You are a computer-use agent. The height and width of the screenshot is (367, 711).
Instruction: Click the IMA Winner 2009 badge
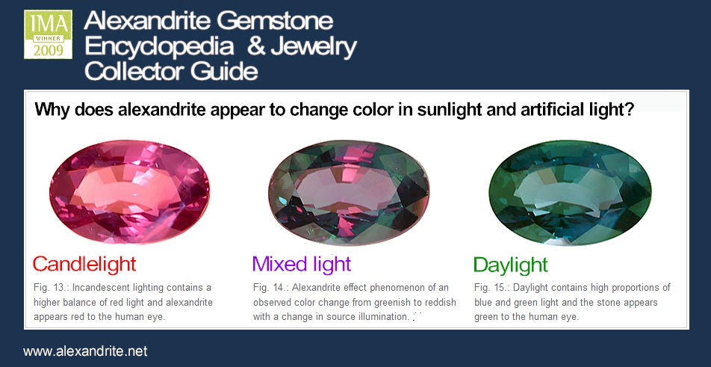(x=48, y=34)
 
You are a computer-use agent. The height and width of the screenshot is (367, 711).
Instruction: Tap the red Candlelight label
(x=84, y=264)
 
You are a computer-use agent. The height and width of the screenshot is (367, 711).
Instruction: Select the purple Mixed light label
(x=302, y=264)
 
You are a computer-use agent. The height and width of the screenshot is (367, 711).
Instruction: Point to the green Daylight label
(x=511, y=265)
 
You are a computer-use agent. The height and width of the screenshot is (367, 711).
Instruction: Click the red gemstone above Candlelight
(x=129, y=191)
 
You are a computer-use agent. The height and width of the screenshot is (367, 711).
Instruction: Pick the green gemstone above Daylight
(x=570, y=192)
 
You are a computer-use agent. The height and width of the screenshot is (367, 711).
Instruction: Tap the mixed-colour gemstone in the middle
(x=349, y=192)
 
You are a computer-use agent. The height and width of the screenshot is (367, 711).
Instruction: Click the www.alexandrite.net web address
(x=85, y=351)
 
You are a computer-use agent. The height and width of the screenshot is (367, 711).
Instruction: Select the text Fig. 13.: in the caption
(x=52, y=287)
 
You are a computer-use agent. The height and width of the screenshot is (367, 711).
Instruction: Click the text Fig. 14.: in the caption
(x=271, y=287)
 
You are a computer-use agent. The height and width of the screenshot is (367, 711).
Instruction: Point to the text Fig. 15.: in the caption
(x=492, y=287)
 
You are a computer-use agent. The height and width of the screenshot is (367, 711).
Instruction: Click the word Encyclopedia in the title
(x=159, y=47)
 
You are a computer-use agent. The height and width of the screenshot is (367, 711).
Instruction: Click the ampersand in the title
(x=256, y=46)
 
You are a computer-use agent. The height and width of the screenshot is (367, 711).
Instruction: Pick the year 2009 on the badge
(x=48, y=50)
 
